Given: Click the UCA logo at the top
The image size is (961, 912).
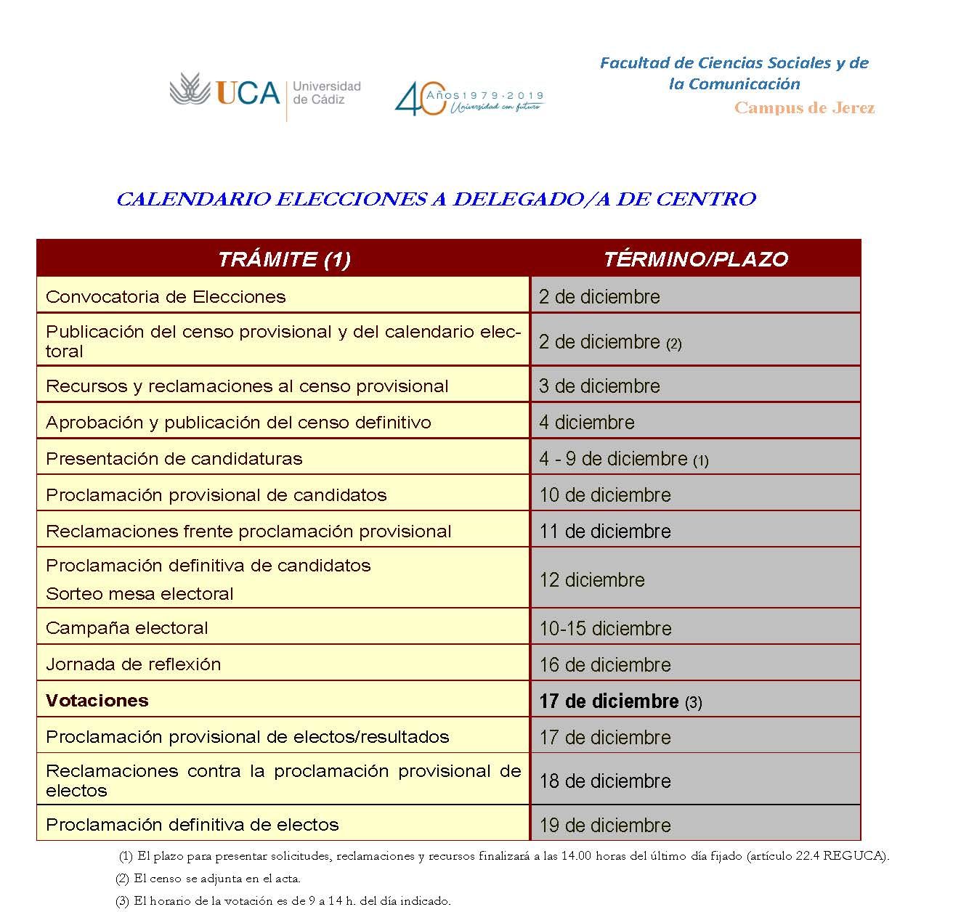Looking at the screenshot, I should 264,94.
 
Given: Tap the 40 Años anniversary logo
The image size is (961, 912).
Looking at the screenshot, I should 469,97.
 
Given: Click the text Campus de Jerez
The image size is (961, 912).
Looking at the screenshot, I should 804,109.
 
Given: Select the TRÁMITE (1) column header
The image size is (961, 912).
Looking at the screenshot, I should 284,259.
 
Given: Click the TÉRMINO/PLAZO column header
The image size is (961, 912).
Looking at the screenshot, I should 695,259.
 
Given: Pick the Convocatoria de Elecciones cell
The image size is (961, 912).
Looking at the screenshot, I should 166,297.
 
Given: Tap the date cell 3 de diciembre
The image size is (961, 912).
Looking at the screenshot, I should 599,386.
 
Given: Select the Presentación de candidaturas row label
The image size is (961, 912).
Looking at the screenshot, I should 174,459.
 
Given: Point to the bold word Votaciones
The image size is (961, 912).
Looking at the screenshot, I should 97,701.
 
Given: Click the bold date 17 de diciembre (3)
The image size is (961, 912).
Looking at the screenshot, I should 620,701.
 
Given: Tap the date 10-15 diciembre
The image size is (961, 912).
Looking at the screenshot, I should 605,629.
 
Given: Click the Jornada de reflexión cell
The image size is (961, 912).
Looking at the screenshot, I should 133,664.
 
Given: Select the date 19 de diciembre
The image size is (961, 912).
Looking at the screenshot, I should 604,825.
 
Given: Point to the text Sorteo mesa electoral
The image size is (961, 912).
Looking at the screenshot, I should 139,594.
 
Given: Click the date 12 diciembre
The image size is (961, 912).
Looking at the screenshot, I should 591,580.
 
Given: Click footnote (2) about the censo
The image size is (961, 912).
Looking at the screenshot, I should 208,879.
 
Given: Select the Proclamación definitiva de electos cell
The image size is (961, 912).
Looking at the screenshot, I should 192,825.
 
